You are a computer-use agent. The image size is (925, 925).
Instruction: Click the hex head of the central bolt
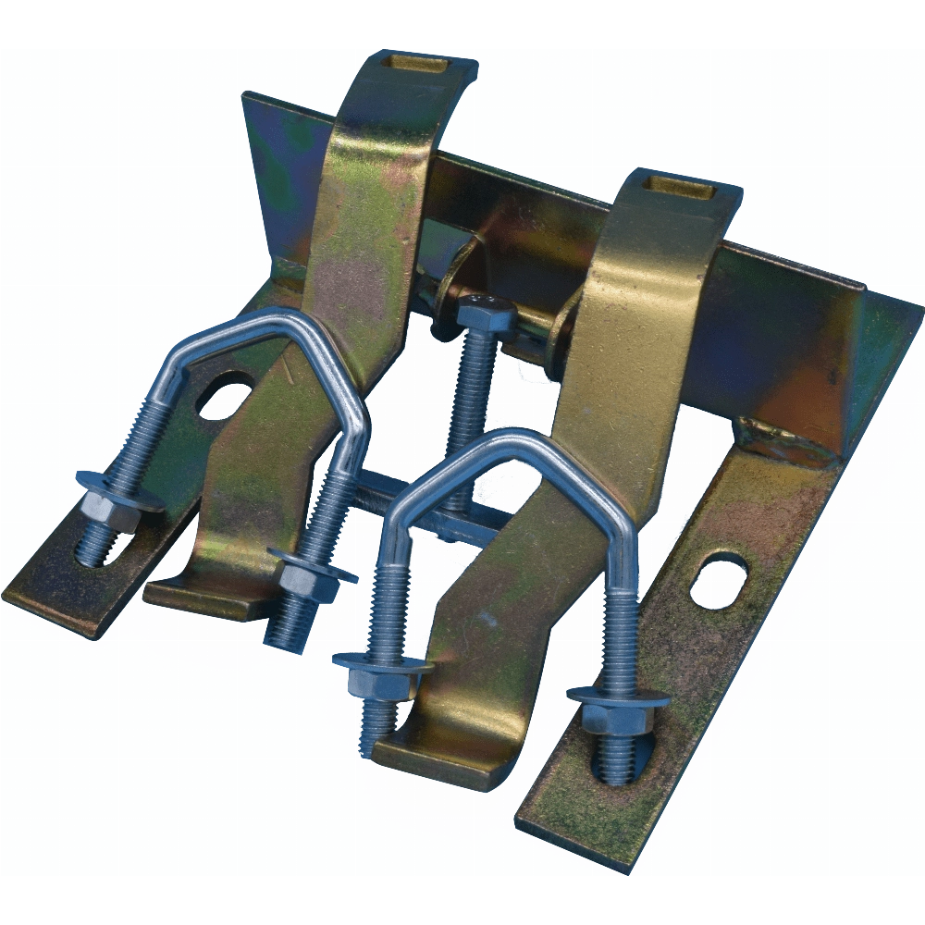click(x=485, y=314)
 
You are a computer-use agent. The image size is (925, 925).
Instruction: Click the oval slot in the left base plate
click(x=225, y=396)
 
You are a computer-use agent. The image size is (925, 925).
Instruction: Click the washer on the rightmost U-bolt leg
click(x=618, y=696)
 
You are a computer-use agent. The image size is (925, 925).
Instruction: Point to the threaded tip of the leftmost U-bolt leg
click(x=92, y=550)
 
